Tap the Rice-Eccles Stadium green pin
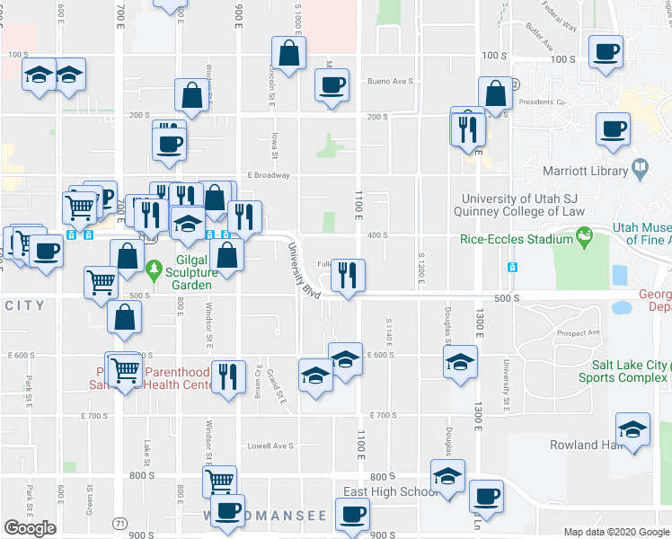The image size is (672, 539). pyautogui.click(x=586, y=238)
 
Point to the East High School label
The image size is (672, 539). pyautogui.click(x=391, y=492)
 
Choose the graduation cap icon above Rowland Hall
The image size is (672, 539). pyautogui.click(x=632, y=430)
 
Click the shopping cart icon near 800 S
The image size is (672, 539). pyautogui.click(x=219, y=482)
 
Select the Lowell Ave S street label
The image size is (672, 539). pyautogui.click(x=270, y=446)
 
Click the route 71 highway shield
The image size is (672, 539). pyautogui.click(x=119, y=522)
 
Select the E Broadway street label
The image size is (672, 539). pyautogui.click(x=269, y=175)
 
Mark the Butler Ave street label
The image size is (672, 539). pyautogui.click(x=540, y=37)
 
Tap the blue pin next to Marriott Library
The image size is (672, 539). pyautogui.click(x=640, y=166)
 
